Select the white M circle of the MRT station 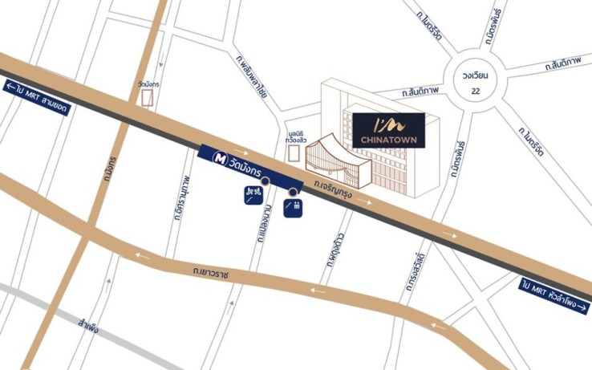point(217,160)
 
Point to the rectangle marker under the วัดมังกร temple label point(148,97)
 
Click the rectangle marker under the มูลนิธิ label point(294,152)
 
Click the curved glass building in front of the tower point(335,164)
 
